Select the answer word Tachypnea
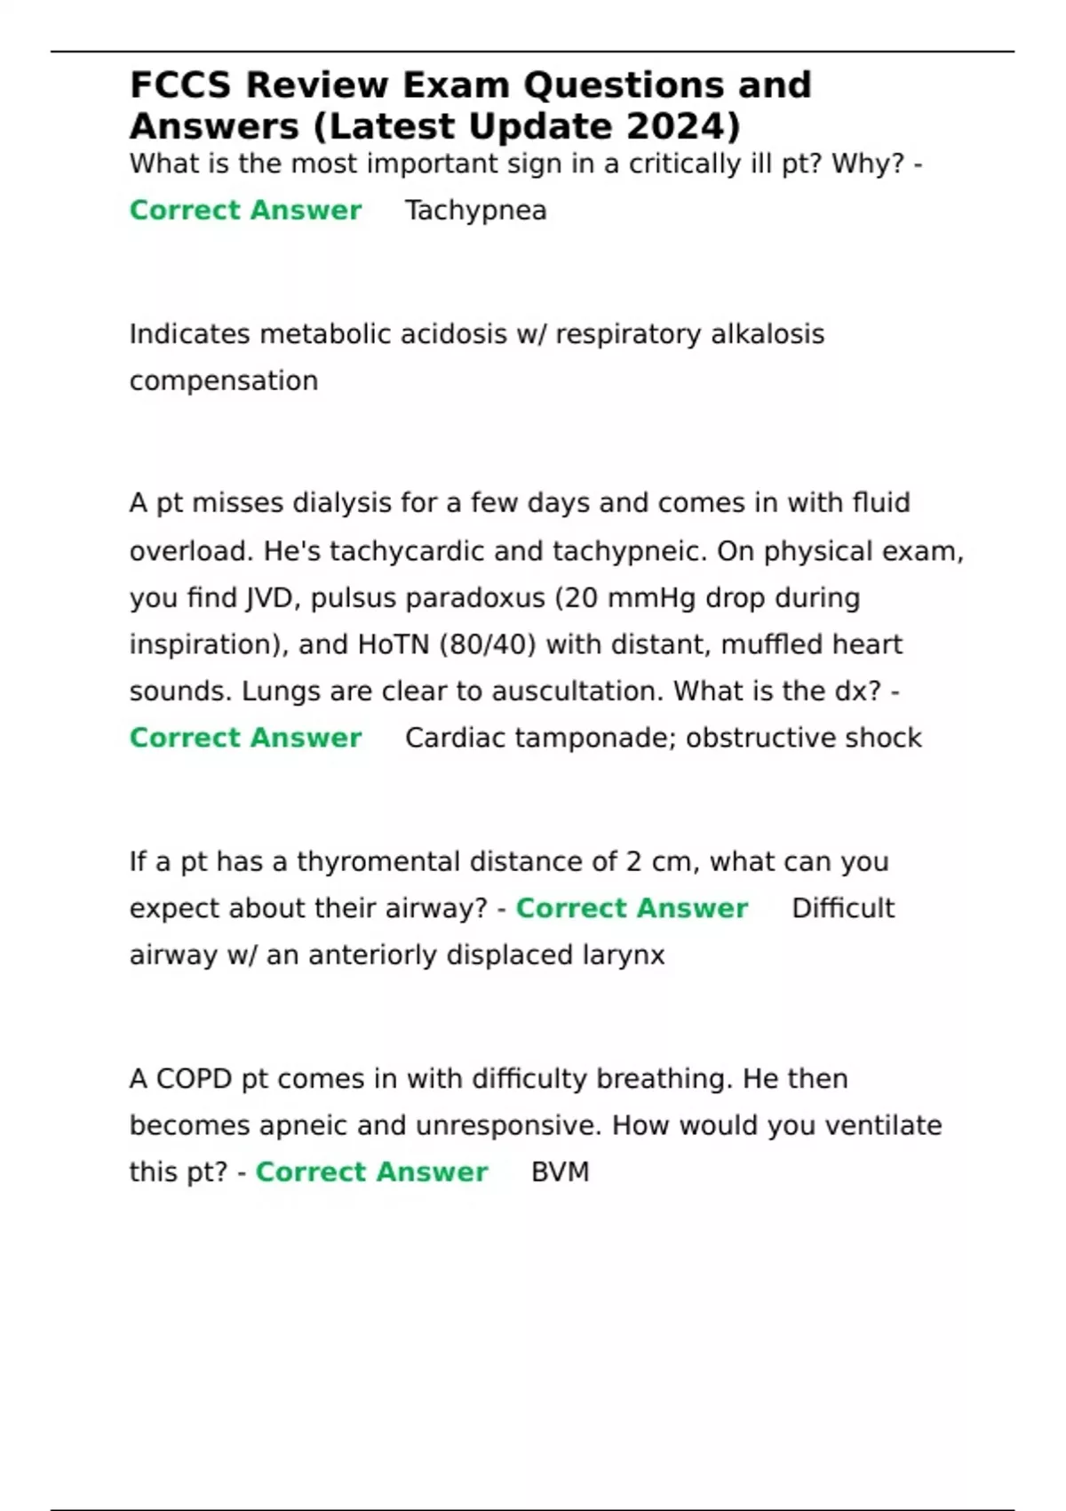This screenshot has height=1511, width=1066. [x=475, y=211]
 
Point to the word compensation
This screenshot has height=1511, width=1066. [x=224, y=380]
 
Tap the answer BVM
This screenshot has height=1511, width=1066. [x=560, y=1172]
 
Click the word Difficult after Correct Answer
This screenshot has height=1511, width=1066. [x=843, y=908]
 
